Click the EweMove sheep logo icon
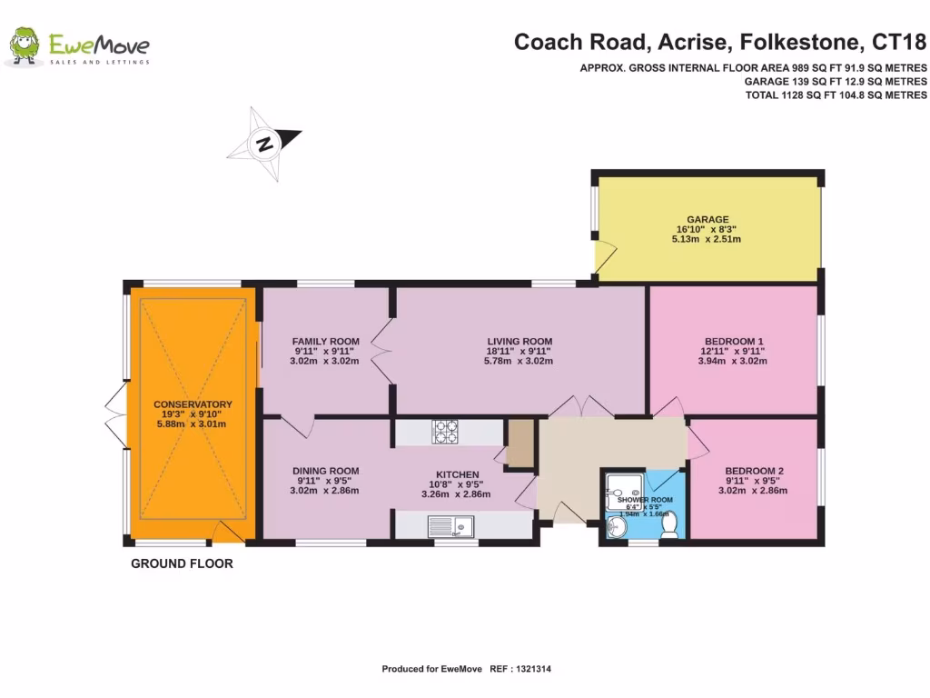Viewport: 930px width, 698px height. pos(24,45)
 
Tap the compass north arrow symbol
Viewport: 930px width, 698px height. pos(264,144)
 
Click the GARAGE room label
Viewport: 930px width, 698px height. pos(707,219)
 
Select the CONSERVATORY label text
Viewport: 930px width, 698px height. pos(193,404)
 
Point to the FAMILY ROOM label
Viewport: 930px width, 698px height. pos(325,342)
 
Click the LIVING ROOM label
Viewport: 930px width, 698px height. pos(519,342)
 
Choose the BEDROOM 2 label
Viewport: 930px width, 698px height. pos(753,471)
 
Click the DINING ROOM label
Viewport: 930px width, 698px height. pos(325,471)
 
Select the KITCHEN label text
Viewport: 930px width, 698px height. pos(457,475)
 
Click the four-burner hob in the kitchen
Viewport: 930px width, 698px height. pos(445,432)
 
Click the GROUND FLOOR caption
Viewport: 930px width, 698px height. pos(182,563)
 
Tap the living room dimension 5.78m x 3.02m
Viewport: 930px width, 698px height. pos(519,361)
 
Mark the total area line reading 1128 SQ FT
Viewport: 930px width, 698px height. pos(836,95)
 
